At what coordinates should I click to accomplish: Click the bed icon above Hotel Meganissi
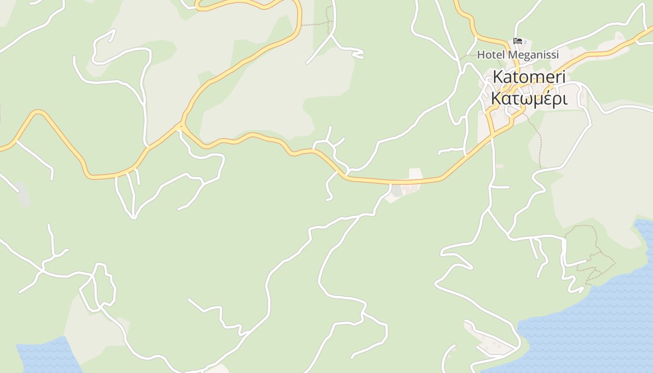tap(517, 41)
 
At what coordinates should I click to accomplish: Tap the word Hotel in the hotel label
tap(491, 55)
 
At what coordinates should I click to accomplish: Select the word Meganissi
tap(533, 55)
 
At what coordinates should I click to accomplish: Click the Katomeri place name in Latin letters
tap(529, 77)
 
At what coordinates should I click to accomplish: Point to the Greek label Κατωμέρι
tap(529, 99)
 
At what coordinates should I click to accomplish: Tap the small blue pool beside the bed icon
tap(526, 42)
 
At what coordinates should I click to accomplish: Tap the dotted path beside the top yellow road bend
tap(317, 23)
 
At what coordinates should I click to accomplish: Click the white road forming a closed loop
tap(98, 287)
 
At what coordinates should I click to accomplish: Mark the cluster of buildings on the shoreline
tap(490, 343)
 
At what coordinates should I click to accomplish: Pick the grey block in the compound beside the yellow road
tap(397, 191)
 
